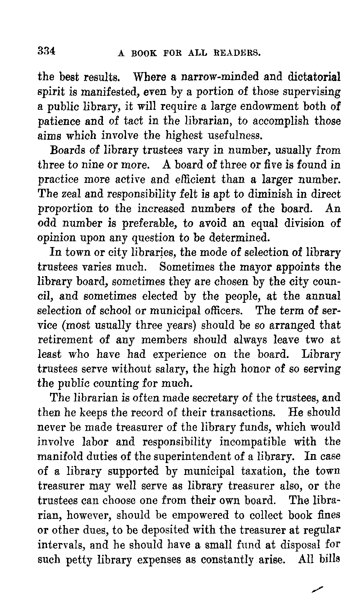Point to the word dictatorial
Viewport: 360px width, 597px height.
[x=314, y=77]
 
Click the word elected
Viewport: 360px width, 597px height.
[x=160, y=296]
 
